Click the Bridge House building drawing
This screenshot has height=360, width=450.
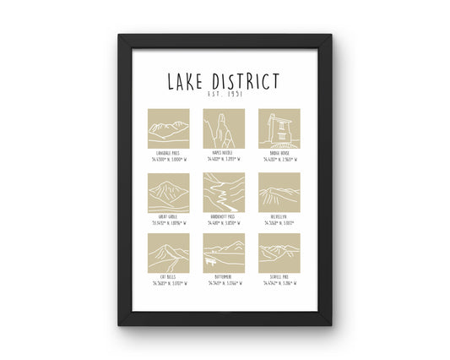[x=279, y=128]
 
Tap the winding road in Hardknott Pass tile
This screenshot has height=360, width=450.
[x=224, y=194]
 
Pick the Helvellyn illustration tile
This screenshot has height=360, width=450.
[x=279, y=194]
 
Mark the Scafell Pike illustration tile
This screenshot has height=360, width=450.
[x=279, y=254]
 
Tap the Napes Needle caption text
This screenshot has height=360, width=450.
[x=224, y=153]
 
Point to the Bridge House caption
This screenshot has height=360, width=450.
[x=279, y=153]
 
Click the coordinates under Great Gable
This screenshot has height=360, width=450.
[x=168, y=223]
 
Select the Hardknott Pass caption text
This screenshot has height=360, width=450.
[x=224, y=217]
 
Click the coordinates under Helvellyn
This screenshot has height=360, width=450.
[x=279, y=223]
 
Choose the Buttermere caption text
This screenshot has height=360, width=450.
[x=224, y=277]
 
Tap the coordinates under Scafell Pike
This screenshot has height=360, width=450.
[x=279, y=283]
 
